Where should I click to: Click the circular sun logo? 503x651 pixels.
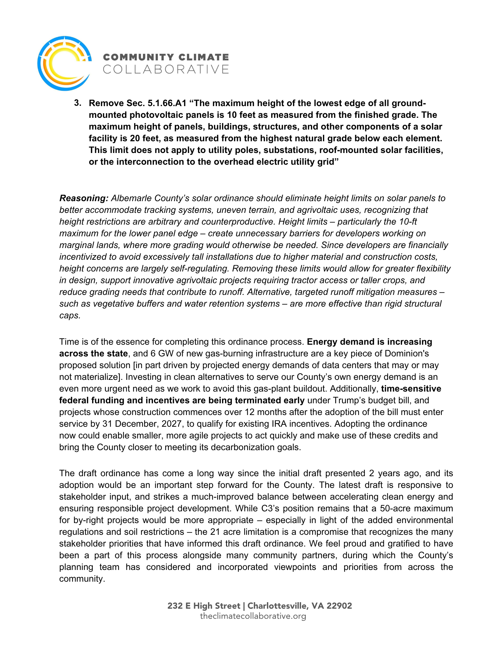(x=64, y=63)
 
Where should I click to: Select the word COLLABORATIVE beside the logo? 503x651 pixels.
(x=166, y=69)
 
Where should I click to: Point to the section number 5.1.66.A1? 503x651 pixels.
(x=167, y=103)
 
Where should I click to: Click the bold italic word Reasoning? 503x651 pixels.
(x=84, y=198)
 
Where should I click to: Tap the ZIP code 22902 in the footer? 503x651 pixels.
(x=339, y=606)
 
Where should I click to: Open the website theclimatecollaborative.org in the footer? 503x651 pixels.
(x=253, y=616)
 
